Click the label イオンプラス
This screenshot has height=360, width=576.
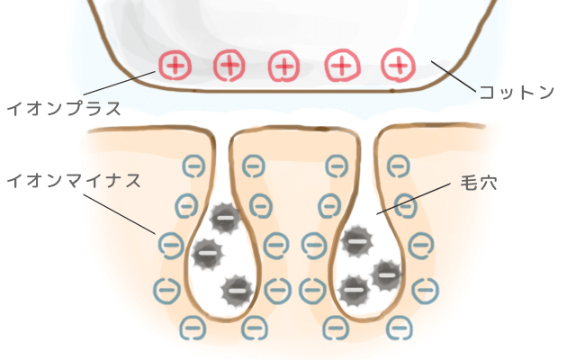click(x=64, y=109)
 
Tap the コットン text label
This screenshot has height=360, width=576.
click(x=517, y=92)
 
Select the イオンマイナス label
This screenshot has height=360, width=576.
click(x=74, y=181)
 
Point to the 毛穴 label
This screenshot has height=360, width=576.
click(x=479, y=183)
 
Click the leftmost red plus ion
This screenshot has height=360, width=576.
click(x=175, y=66)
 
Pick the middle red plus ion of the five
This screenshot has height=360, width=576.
click(x=283, y=67)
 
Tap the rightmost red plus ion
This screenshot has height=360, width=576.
click(x=398, y=65)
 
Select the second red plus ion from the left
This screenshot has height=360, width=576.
click(x=229, y=66)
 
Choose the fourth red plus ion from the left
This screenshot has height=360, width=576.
click(x=342, y=66)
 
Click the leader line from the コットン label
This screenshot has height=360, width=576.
click(x=454, y=76)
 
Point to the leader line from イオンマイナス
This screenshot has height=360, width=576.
click(x=120, y=214)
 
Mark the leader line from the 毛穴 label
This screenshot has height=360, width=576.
click(x=413, y=198)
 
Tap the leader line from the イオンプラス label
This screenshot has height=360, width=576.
click(x=120, y=83)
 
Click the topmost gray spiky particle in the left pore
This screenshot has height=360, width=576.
click(x=225, y=218)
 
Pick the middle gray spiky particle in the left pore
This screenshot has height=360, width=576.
click(x=208, y=254)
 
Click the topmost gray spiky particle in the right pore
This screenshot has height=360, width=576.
click(x=356, y=241)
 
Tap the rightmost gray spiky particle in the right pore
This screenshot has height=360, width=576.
click(x=386, y=275)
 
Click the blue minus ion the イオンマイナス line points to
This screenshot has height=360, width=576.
click(x=172, y=245)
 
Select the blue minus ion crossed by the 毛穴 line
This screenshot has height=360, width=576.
click(x=406, y=206)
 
